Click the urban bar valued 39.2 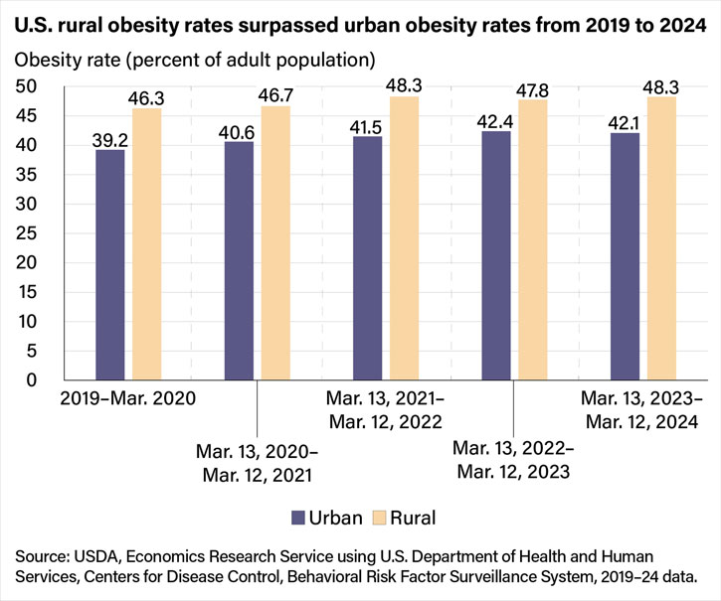click(x=110, y=265)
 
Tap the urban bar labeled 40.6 click(x=239, y=261)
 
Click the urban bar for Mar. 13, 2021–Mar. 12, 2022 click(x=367, y=258)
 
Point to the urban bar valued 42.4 click(x=495, y=255)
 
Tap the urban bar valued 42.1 click(x=624, y=256)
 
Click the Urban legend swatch click(x=299, y=517)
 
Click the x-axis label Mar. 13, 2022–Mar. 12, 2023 click(x=511, y=458)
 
